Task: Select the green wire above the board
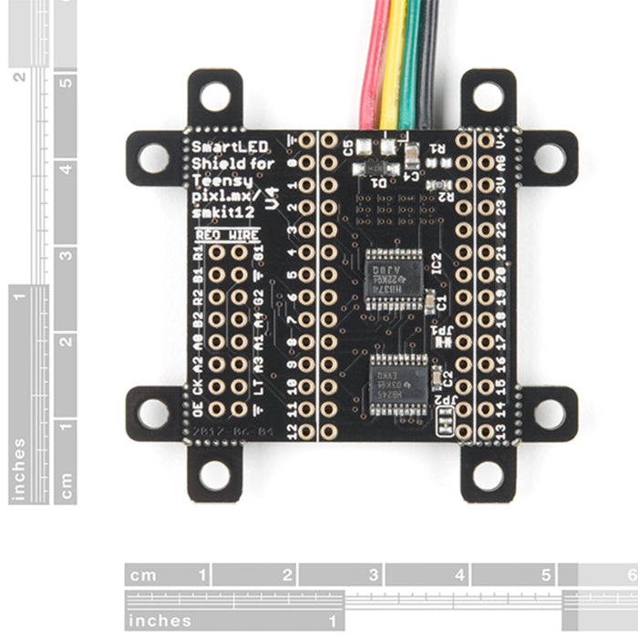[410, 64]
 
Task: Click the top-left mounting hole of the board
[215, 96]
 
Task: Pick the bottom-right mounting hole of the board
[489, 474]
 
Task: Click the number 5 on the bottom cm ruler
[545, 575]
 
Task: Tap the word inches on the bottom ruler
[160, 621]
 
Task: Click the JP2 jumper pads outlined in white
[446, 422]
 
